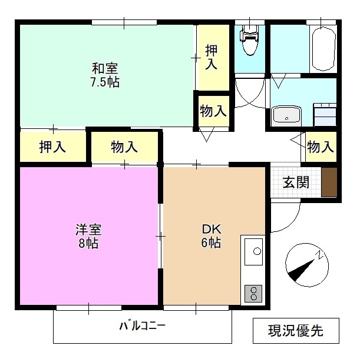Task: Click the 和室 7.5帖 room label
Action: (105, 74)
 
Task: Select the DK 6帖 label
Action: (211, 235)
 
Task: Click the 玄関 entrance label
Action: (295, 182)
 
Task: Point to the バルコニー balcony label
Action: (142, 326)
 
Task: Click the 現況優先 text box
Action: (296, 331)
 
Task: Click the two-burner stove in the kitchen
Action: (253, 293)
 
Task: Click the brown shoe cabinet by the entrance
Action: (329, 182)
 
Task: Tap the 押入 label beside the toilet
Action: (212, 58)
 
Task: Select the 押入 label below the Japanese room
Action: (52, 147)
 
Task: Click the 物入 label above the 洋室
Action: (124, 147)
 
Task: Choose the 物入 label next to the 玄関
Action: (321, 147)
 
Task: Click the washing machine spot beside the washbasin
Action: (325, 114)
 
